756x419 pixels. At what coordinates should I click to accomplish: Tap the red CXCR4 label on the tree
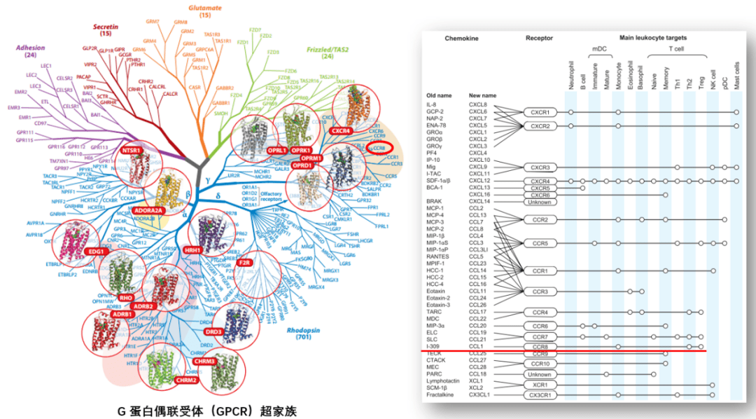pyautogui.click(x=341, y=130)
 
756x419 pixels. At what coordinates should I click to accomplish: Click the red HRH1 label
pyautogui.click(x=192, y=250)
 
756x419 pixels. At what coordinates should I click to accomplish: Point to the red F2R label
pyautogui.click(x=246, y=262)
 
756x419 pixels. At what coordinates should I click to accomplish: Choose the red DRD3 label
pyautogui.click(x=215, y=332)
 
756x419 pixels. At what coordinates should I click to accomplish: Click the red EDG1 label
pyautogui.click(x=96, y=251)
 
